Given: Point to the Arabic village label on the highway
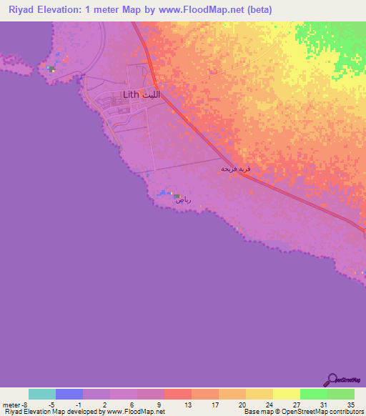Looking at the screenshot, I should (x=235, y=169).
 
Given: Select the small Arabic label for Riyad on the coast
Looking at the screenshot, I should (x=184, y=201).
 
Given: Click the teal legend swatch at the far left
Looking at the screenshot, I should (x=42, y=394).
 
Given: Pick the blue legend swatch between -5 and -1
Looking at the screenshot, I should (x=69, y=394).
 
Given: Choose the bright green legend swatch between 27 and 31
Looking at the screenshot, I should (x=314, y=394).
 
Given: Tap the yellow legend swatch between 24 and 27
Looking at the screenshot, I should (x=287, y=394).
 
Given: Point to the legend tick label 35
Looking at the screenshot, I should (x=350, y=404).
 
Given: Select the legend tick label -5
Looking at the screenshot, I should (x=52, y=404).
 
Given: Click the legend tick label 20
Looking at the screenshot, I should (x=242, y=404).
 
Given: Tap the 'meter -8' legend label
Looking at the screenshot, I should (x=14, y=404).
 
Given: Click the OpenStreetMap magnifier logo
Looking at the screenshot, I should (x=332, y=379).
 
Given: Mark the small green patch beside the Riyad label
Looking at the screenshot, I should (x=176, y=195).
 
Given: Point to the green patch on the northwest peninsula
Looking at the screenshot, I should (x=51, y=69).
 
